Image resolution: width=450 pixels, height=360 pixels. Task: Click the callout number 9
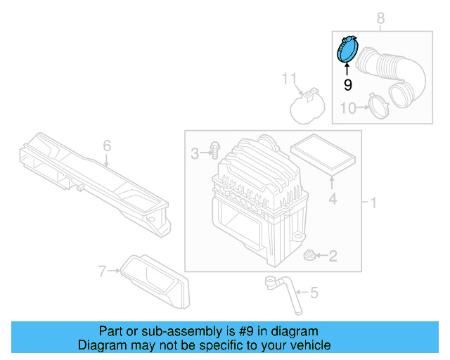[347, 85]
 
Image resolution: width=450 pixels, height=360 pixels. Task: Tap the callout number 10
[348, 108]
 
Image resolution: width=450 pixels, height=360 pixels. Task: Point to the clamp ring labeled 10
[379, 107]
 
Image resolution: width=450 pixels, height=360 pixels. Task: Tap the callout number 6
[107, 146]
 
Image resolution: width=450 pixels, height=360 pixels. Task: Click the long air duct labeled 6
[91, 179]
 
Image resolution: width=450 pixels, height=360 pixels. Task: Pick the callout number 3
[195, 153]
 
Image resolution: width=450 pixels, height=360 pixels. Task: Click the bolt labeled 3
[214, 150]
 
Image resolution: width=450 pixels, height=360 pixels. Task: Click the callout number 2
[332, 257]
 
